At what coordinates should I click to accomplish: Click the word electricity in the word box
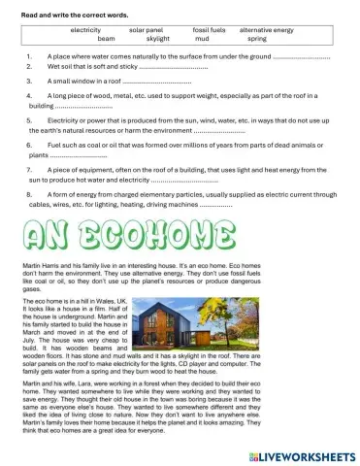tap(88, 29)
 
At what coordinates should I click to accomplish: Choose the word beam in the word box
tap(106, 39)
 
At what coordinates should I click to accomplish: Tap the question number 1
tap(32, 57)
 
